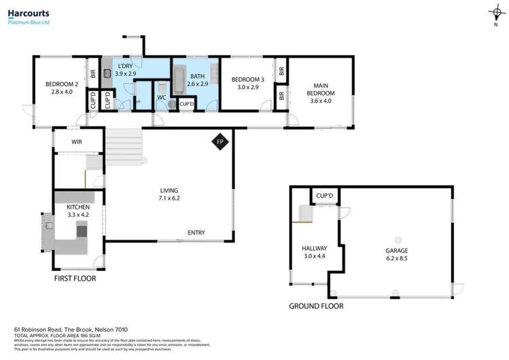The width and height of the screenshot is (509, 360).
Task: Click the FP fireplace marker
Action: (x=220, y=142)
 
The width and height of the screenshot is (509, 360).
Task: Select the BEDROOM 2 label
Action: (x=58, y=84)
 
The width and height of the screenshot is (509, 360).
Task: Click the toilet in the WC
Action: (x=162, y=88)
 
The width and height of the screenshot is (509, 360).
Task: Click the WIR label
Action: (x=77, y=141)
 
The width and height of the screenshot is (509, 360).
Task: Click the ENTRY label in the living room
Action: (x=196, y=233)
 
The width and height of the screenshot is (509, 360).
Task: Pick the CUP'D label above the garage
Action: (x=325, y=196)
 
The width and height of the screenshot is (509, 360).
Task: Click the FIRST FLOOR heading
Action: (x=75, y=278)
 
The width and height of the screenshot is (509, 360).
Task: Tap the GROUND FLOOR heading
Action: (x=315, y=306)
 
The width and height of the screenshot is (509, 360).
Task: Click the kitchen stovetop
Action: (x=82, y=230)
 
